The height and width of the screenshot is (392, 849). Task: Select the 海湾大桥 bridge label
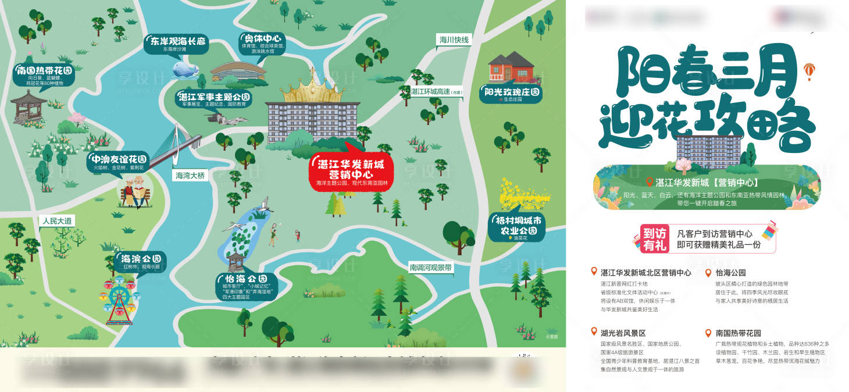pos(190,175)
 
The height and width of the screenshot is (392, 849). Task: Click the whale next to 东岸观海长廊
pos(184,70)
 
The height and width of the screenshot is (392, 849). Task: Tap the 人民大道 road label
pos(57,221)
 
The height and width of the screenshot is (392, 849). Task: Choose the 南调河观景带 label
pos(430,268)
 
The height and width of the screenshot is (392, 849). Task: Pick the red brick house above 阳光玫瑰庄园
pos(511,67)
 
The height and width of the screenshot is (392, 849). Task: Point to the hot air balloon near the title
pos(808,70)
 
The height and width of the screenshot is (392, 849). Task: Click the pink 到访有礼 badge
pos(654,238)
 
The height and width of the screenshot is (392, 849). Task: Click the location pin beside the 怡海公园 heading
pos(708,272)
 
